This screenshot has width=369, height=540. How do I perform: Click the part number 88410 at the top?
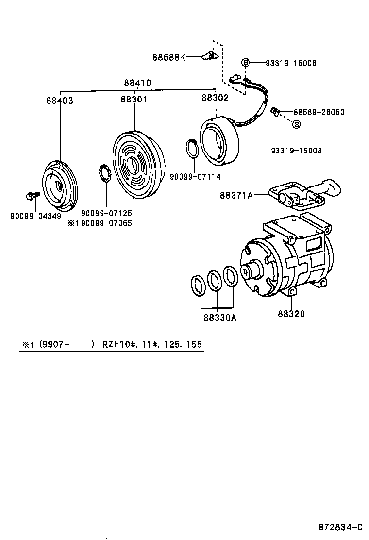coord(137,83)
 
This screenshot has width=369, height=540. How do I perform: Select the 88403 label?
coord(60,101)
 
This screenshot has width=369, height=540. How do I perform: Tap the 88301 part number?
coord(134,100)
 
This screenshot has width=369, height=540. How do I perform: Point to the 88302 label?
coord(215,98)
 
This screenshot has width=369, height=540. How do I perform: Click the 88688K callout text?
coord(168,57)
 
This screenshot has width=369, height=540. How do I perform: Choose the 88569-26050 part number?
coord(319,112)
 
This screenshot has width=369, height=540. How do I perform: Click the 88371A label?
coord(236,195)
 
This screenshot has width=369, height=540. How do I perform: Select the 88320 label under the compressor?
coord(291,314)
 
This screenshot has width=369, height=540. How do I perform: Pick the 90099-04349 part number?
coord(35,215)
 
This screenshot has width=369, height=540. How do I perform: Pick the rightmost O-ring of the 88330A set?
coord(230,276)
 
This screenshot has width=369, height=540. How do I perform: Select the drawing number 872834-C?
coord(340,527)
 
